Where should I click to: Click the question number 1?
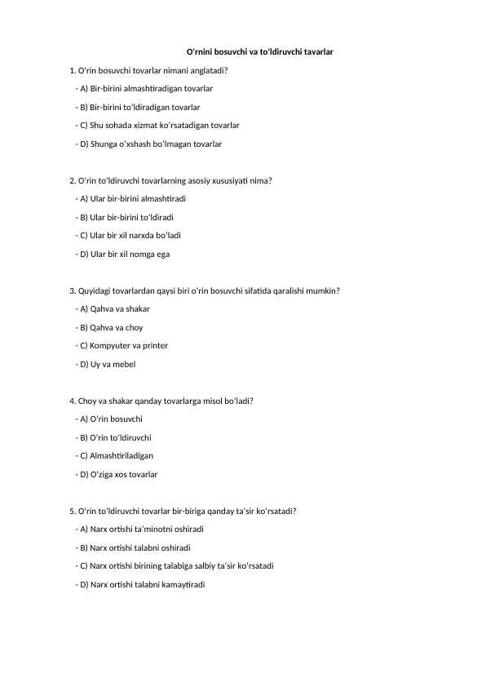tap(73, 70)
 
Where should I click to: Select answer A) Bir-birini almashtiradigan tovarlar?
tap(144, 88)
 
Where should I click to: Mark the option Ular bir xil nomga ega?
tap(122, 254)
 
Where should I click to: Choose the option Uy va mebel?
tap(105, 364)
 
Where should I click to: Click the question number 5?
tap(73, 512)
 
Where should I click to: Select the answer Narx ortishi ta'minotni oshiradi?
tap(139, 530)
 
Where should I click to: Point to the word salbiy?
tap(213, 566)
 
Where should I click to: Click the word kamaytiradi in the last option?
tap(184, 584)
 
